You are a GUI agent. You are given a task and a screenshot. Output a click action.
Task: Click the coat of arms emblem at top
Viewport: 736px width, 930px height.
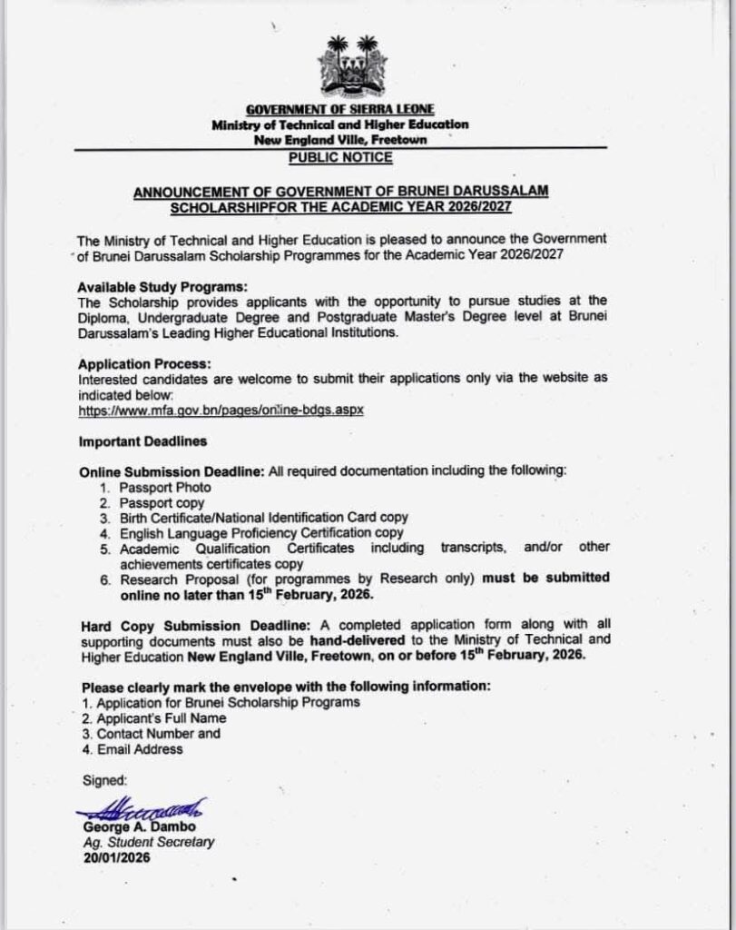pyautogui.click(x=352, y=68)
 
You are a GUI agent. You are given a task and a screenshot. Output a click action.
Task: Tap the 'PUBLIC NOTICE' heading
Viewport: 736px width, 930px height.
pyautogui.click(x=340, y=157)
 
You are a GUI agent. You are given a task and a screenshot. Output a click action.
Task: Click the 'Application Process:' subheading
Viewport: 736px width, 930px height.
pyautogui.click(x=132, y=364)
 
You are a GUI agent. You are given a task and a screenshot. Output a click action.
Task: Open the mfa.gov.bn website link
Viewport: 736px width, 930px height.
pyautogui.click(x=221, y=410)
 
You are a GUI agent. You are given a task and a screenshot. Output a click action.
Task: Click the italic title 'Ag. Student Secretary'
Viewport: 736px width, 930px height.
pyautogui.click(x=148, y=842)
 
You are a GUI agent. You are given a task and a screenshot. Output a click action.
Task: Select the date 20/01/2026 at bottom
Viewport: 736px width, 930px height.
pyautogui.click(x=115, y=857)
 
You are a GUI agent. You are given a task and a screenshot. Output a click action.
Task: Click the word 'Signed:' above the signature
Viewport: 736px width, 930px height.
pyautogui.click(x=104, y=780)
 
